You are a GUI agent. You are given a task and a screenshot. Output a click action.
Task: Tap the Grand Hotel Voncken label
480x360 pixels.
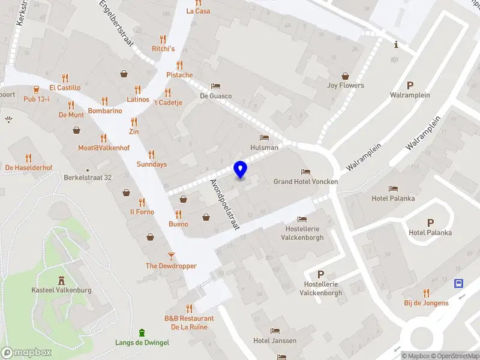[x=306, y=181]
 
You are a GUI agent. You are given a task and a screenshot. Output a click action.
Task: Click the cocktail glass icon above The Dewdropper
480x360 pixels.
[x=171, y=255]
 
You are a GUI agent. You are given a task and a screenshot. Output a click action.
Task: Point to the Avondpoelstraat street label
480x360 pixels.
[x=225, y=205]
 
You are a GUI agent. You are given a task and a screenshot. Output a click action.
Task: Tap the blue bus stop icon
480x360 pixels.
[x=459, y=283]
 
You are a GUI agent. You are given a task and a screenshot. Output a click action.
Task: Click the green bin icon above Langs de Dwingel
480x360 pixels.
[x=142, y=332]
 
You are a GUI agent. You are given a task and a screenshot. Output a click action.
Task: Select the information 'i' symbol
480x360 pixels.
[x=396, y=44]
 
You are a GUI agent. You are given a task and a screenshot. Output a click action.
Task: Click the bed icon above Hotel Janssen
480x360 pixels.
[x=275, y=331]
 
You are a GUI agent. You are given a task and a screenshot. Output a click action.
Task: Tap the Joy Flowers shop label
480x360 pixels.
[x=346, y=85]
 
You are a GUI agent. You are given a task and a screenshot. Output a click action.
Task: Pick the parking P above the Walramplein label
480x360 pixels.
[x=410, y=85]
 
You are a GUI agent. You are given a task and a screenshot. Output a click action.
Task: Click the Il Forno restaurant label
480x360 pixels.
[x=142, y=212]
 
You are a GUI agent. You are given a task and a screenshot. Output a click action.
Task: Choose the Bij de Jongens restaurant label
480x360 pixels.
[x=426, y=303]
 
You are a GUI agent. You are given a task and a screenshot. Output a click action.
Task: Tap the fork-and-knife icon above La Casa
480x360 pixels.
[x=198, y=2]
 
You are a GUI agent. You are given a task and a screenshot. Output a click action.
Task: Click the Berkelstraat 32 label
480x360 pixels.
[x=88, y=178]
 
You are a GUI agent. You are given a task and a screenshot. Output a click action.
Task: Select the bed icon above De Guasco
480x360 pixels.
[x=216, y=86]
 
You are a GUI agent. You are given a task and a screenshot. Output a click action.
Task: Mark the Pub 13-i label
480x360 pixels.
[x=37, y=99]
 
